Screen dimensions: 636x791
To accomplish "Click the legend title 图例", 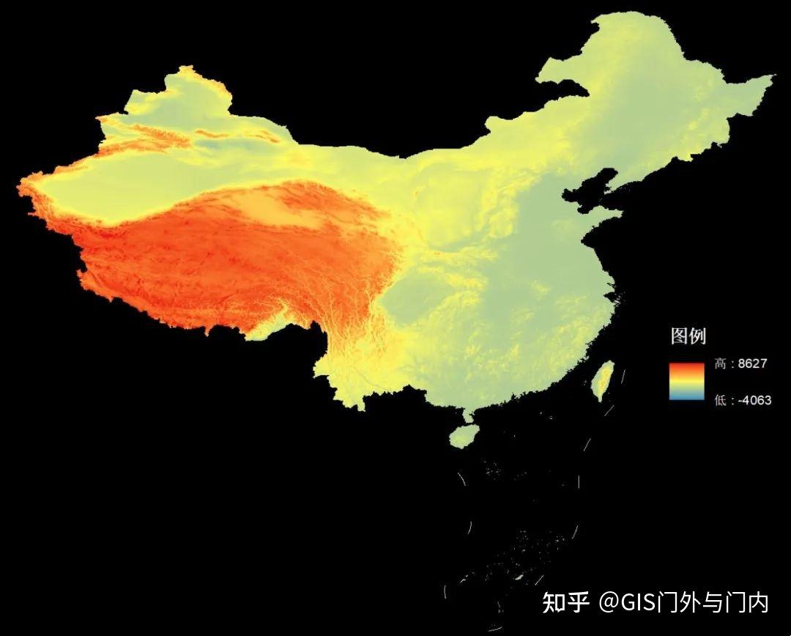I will pyautogui.click(x=688, y=336).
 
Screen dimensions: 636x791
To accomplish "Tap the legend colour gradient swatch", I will pyautogui.click(x=686, y=381).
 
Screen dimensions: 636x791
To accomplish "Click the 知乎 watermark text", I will pyautogui.click(x=565, y=602).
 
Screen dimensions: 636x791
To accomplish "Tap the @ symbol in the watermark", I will pyautogui.click(x=609, y=603).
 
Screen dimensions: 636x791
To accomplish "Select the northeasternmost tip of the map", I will pyautogui.click(x=770, y=78).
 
